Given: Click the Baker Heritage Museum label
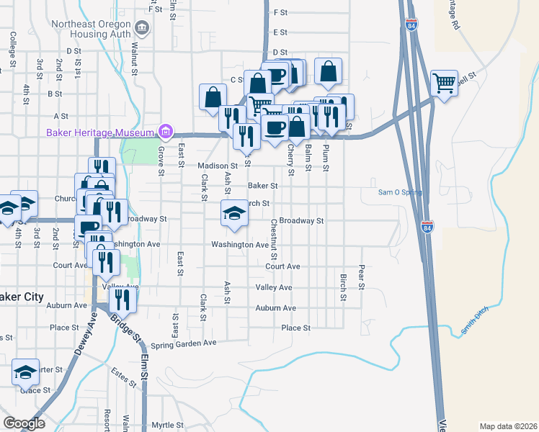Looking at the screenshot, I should point(101,132).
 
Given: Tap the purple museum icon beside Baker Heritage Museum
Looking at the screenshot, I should point(166,132).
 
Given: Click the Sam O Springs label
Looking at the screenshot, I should point(400,192).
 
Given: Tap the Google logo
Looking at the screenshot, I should point(24,423).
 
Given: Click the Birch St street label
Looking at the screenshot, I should point(342,287).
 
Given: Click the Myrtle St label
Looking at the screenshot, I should point(167,424).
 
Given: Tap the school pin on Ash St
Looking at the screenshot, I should point(233,213).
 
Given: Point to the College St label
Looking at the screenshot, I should point(13,48).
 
